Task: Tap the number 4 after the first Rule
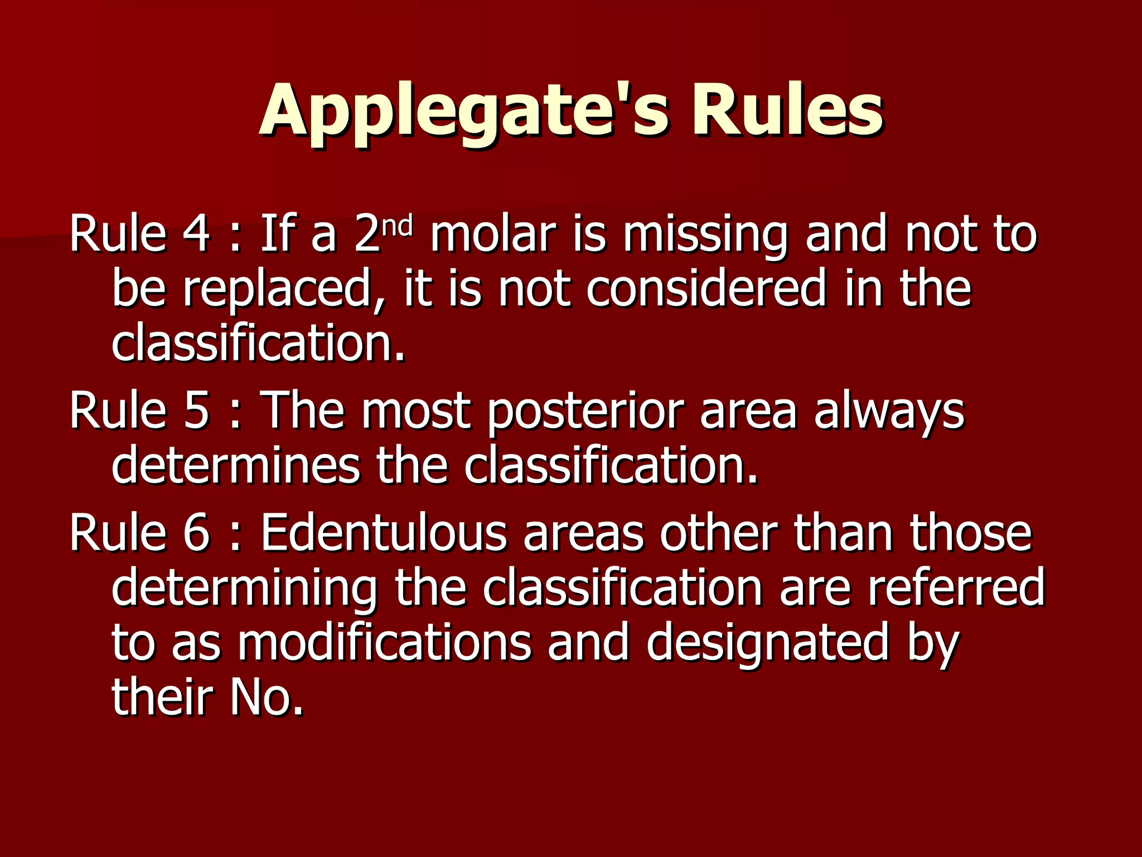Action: coord(196,234)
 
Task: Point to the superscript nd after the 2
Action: coord(399,226)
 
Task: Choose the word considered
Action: coord(705,288)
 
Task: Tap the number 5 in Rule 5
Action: coord(196,411)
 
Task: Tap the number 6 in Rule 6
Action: coord(196,533)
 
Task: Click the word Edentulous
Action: coord(384,533)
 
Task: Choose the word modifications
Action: coord(385,643)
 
